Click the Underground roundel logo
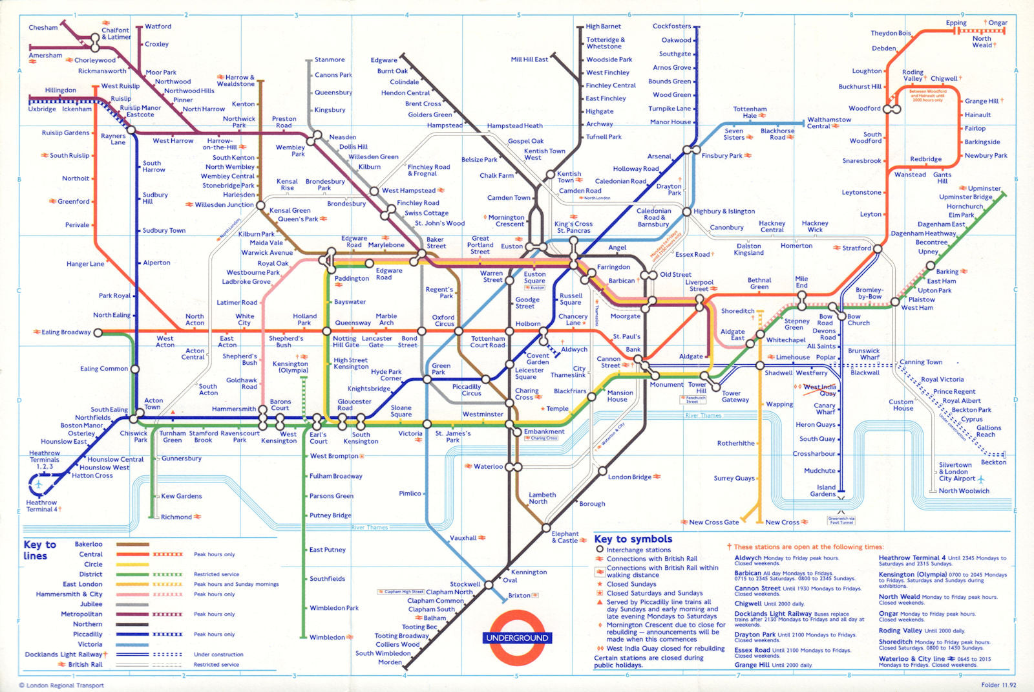click(517, 638)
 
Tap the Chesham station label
click(43, 28)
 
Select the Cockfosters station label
click(671, 27)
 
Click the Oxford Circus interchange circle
click(459, 331)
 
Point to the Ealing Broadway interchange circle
click(98, 333)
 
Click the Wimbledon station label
click(327, 638)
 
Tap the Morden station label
click(390, 662)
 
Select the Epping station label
click(956, 23)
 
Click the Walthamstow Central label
click(828, 123)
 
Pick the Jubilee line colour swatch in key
click(132, 605)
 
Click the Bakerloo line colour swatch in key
click(132, 545)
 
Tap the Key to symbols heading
click(633, 539)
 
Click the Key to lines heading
click(39, 550)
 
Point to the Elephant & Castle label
click(565, 537)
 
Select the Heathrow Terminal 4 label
click(41, 506)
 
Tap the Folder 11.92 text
click(998, 685)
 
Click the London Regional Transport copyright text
click(61, 686)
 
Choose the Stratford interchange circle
click(878, 248)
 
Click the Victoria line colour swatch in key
click(132, 645)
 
